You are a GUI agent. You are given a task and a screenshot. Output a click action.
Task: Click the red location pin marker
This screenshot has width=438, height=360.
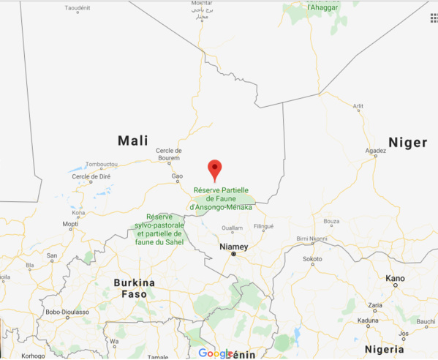click(x=214, y=169)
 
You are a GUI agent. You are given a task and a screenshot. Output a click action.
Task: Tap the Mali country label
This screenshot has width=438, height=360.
click(x=132, y=140)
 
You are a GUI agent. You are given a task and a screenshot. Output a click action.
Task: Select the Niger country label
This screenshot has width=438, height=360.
click(x=407, y=143)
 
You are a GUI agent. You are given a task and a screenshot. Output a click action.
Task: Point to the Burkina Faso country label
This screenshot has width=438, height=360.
click(x=134, y=288)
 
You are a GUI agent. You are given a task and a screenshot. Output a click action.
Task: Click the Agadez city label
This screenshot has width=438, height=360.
click(x=375, y=152)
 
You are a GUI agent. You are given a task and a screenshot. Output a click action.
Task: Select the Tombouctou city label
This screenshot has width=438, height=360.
click(x=102, y=165)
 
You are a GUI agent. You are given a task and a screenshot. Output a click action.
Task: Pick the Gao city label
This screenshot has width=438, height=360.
click(x=177, y=176)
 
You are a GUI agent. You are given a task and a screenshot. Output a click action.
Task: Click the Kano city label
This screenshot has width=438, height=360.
click(x=396, y=278)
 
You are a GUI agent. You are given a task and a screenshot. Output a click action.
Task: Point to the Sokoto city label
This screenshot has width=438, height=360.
click(x=313, y=259)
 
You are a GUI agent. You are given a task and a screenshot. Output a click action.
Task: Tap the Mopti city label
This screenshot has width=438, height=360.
click(x=71, y=224)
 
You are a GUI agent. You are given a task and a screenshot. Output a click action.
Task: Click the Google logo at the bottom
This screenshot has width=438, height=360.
click(x=217, y=353)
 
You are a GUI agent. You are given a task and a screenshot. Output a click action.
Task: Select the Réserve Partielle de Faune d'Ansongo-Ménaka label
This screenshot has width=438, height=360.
click(x=221, y=198)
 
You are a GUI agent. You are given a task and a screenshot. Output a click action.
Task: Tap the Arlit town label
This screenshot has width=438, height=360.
click(x=358, y=106)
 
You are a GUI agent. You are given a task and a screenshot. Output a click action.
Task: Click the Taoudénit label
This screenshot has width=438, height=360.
click(x=82, y=8)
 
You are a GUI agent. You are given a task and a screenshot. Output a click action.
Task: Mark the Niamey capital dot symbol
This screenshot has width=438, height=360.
click(x=234, y=254)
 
